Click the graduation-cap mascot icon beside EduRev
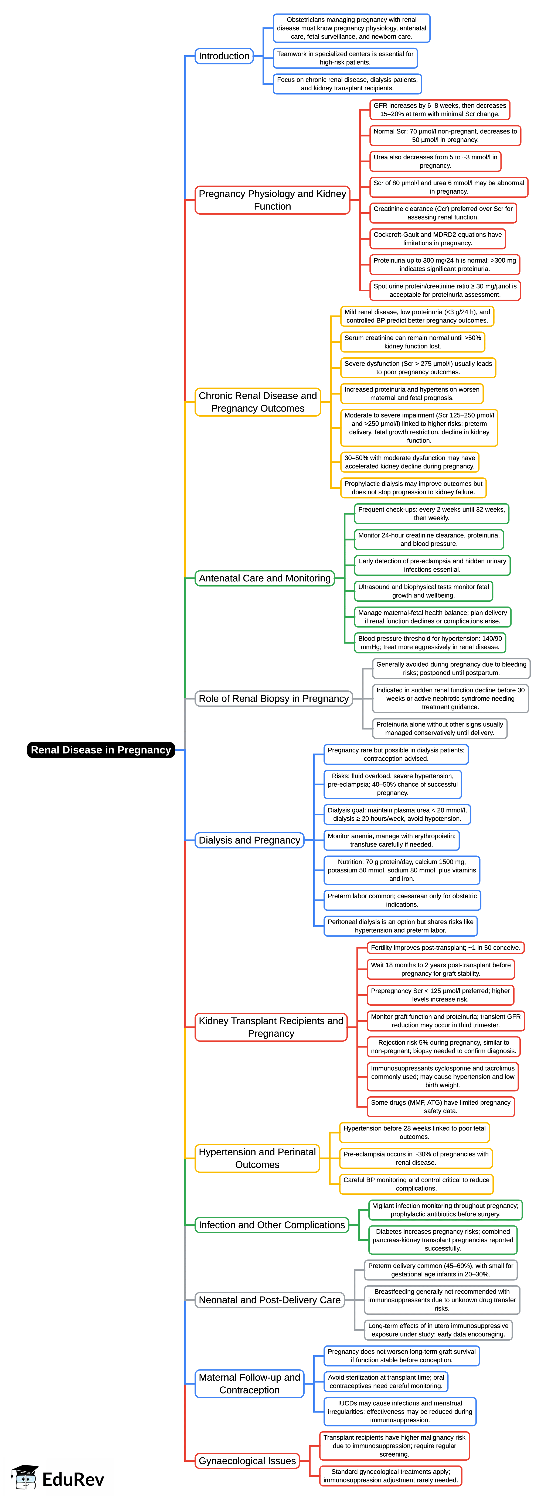click(25, 1477)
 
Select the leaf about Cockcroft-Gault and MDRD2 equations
click(437, 239)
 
